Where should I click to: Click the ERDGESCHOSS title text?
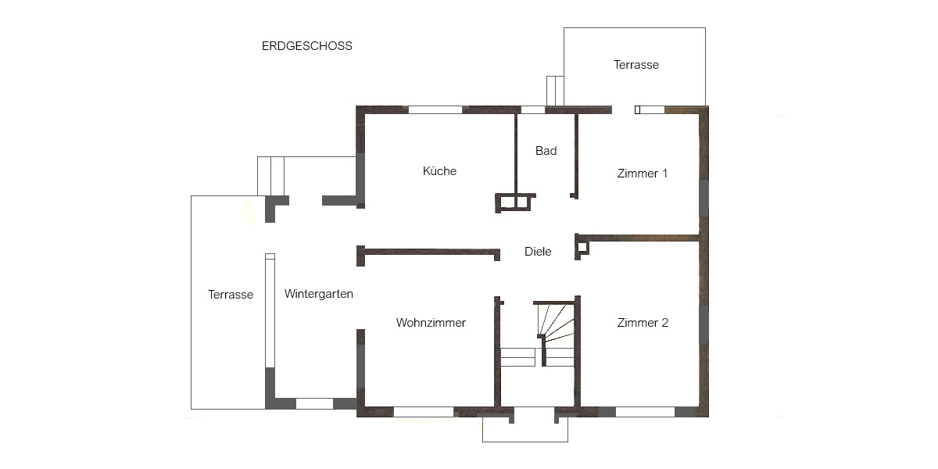306,46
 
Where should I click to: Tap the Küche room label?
439,171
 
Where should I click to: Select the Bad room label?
546,151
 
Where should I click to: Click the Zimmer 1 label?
642,174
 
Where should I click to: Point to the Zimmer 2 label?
642,323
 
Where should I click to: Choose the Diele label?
537,252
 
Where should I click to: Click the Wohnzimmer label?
431,323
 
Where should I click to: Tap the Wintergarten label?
318,295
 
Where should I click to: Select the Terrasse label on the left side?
230,295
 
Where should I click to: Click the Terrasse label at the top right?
635,65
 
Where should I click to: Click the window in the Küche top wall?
435,109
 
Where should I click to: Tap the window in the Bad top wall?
533,109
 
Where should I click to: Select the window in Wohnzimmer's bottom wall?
423,412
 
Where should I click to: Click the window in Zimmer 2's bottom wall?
645,412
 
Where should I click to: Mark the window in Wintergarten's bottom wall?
314,404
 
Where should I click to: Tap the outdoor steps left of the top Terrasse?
555,91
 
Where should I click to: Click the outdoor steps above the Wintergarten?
270,176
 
